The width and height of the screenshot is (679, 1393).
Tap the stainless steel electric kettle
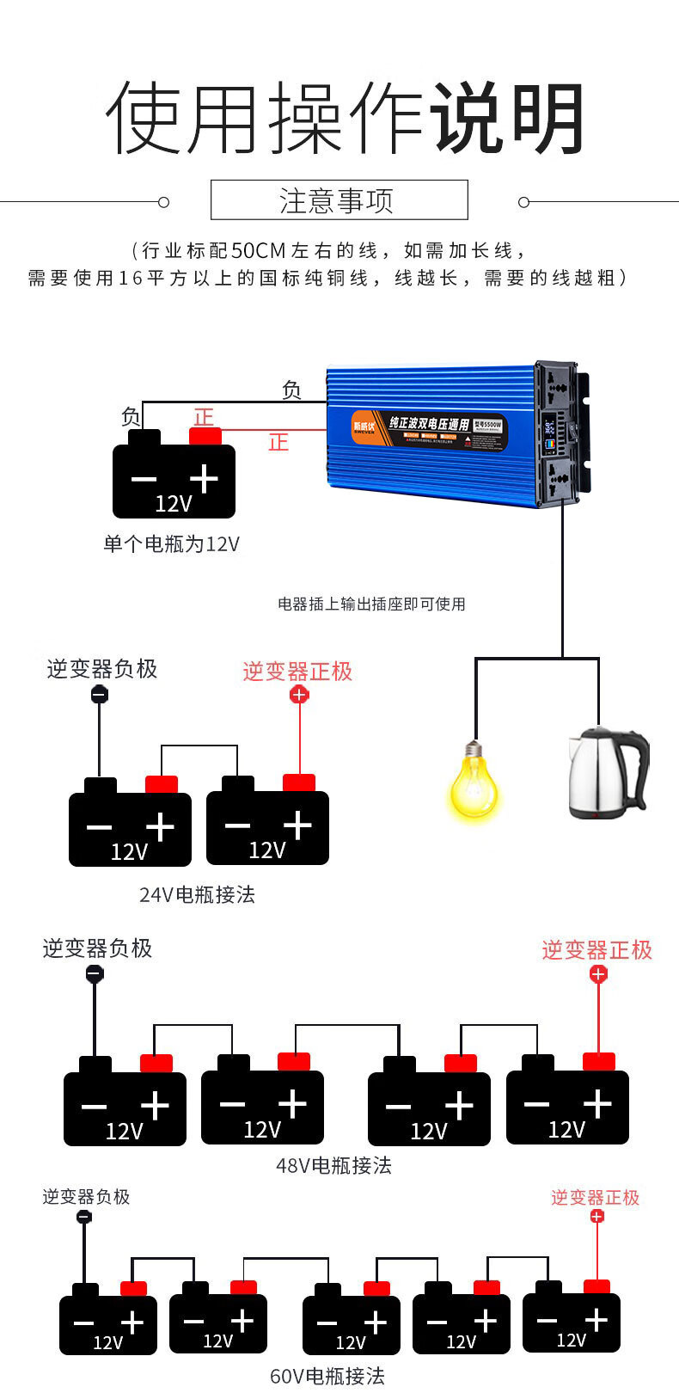pyautogui.click(x=606, y=774)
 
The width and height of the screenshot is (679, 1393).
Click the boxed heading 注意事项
pyautogui.click(x=339, y=200)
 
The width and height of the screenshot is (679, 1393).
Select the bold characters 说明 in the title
pyautogui.click(x=507, y=119)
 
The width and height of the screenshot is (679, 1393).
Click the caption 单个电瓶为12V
pyautogui.click(x=171, y=544)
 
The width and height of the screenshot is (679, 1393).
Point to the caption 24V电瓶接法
pyautogui.click(x=197, y=895)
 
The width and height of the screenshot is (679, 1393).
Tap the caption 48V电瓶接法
pyautogui.click(x=333, y=1166)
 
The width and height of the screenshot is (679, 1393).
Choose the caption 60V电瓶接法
pyautogui.click(x=327, y=1376)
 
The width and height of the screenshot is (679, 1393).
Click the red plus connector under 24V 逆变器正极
pyautogui.click(x=298, y=694)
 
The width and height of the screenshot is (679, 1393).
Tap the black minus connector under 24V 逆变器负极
pyautogui.click(x=100, y=694)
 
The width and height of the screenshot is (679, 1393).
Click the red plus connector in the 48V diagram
pyautogui.click(x=598, y=974)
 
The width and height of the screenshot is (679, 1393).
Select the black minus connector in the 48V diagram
pyautogui.click(x=95, y=974)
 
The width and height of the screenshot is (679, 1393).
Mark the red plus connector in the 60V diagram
pyautogui.click(x=597, y=1216)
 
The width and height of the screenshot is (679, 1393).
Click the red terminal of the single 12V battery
pyautogui.click(x=205, y=436)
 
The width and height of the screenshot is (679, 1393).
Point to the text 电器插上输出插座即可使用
pyautogui.click(x=371, y=604)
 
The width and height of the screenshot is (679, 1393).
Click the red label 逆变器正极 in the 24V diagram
pyautogui.click(x=297, y=672)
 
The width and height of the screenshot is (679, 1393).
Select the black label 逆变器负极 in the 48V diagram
pyautogui.click(x=97, y=948)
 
